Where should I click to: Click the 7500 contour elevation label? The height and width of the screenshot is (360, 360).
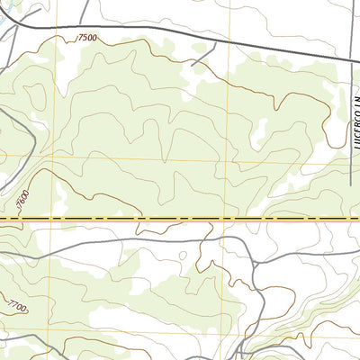[87, 38]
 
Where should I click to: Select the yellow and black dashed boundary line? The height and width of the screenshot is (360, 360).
[180, 219]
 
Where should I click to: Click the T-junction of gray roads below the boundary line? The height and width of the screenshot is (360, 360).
[255, 261]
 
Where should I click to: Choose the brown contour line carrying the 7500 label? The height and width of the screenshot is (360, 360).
[135, 51]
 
